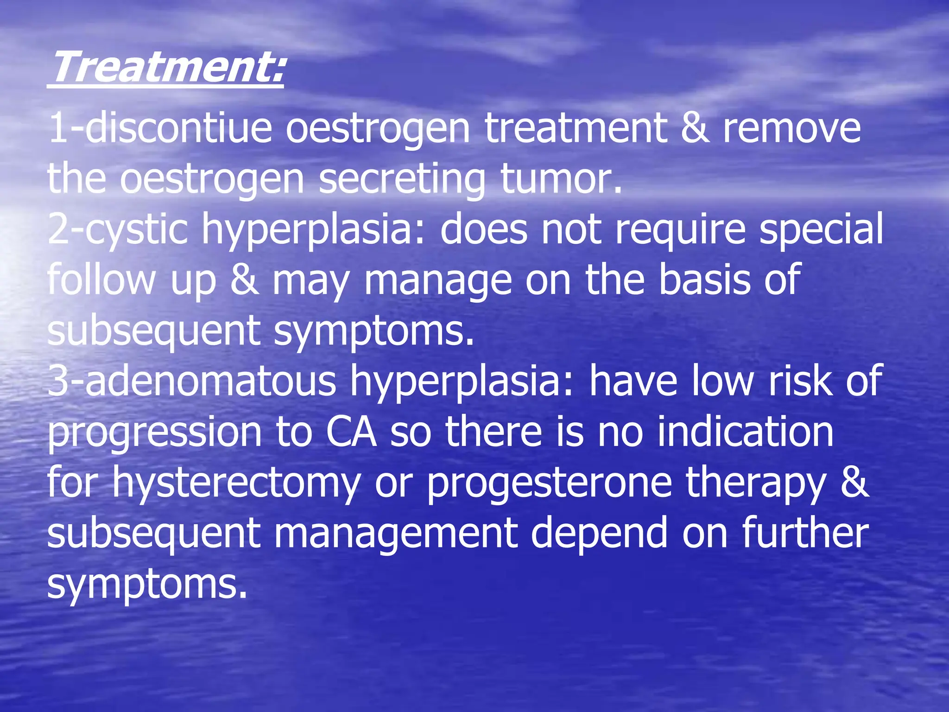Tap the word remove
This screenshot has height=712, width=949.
(x=791, y=128)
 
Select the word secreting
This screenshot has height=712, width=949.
(x=402, y=180)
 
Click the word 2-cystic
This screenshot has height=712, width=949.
(x=118, y=230)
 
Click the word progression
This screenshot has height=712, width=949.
(x=154, y=433)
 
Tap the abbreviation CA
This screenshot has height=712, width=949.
(x=351, y=432)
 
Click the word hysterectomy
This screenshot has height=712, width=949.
(x=236, y=483)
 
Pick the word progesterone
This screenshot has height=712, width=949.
(x=549, y=483)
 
